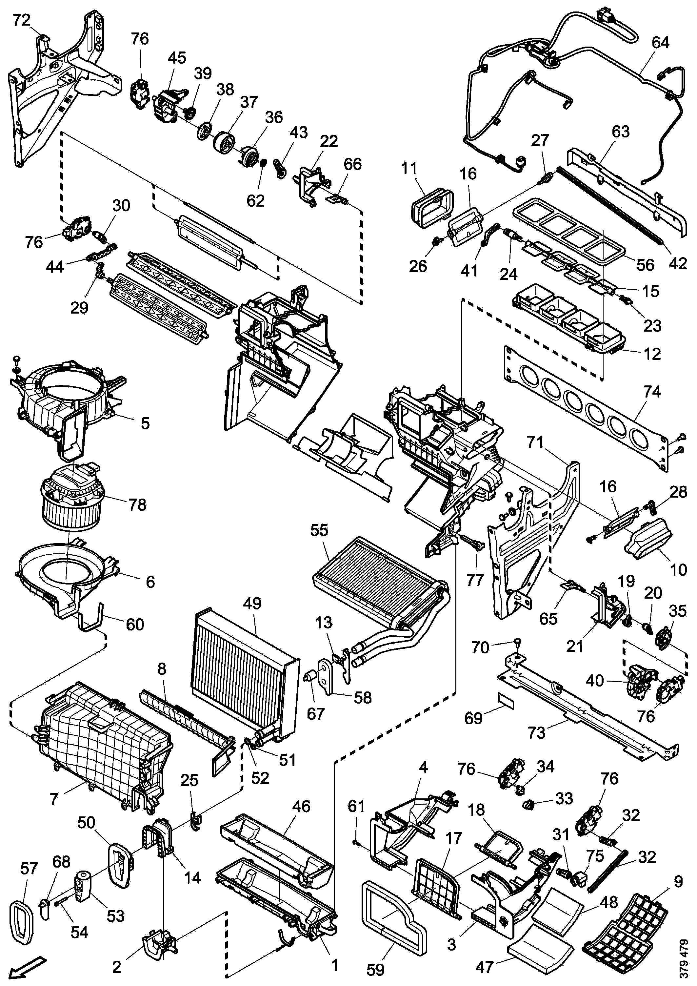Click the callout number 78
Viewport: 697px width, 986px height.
pos(137,504)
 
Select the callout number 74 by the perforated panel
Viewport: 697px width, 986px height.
pos(652,392)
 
